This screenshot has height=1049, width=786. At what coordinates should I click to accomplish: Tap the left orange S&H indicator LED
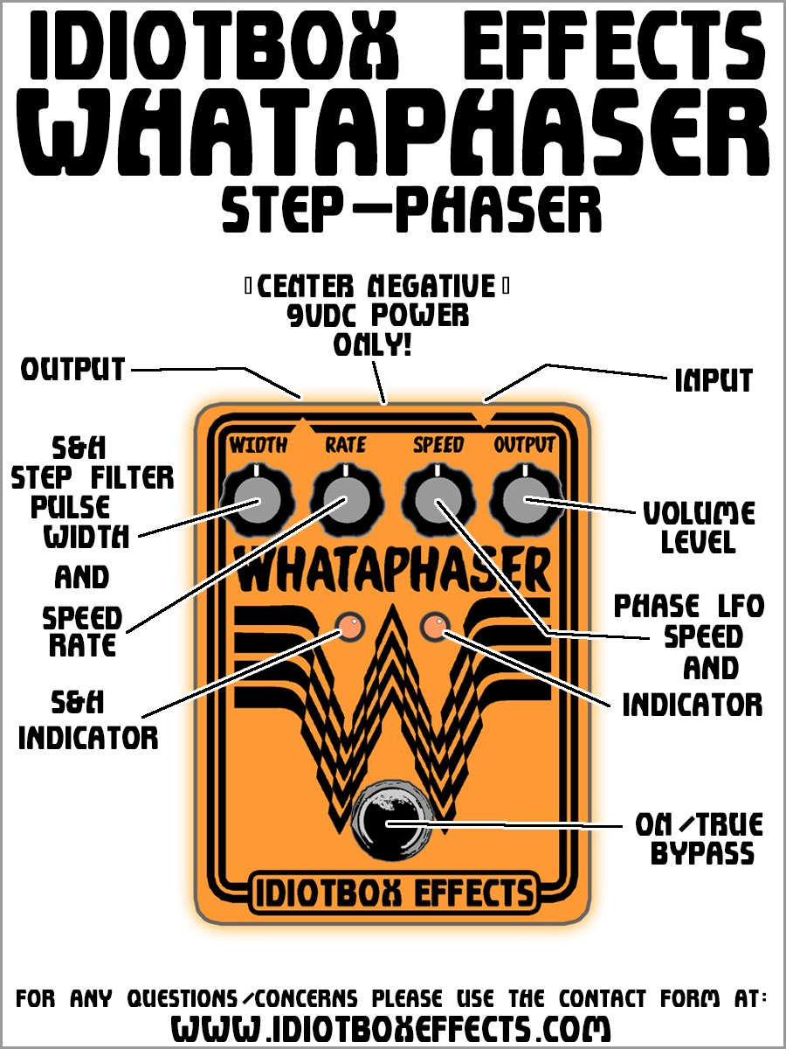(x=349, y=626)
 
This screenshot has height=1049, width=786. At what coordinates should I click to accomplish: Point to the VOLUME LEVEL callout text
(x=698, y=527)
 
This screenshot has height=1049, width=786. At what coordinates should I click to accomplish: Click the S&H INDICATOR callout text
(x=88, y=720)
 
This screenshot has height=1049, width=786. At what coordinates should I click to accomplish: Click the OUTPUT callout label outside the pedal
(x=73, y=370)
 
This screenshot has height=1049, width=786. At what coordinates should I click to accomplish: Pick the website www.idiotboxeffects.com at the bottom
(x=390, y=1026)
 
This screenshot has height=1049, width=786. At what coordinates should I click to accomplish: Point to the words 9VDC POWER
(x=377, y=316)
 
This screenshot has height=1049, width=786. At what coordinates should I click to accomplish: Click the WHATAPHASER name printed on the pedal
(x=393, y=573)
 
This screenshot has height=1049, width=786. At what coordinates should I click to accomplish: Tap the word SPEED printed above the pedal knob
(x=438, y=445)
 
